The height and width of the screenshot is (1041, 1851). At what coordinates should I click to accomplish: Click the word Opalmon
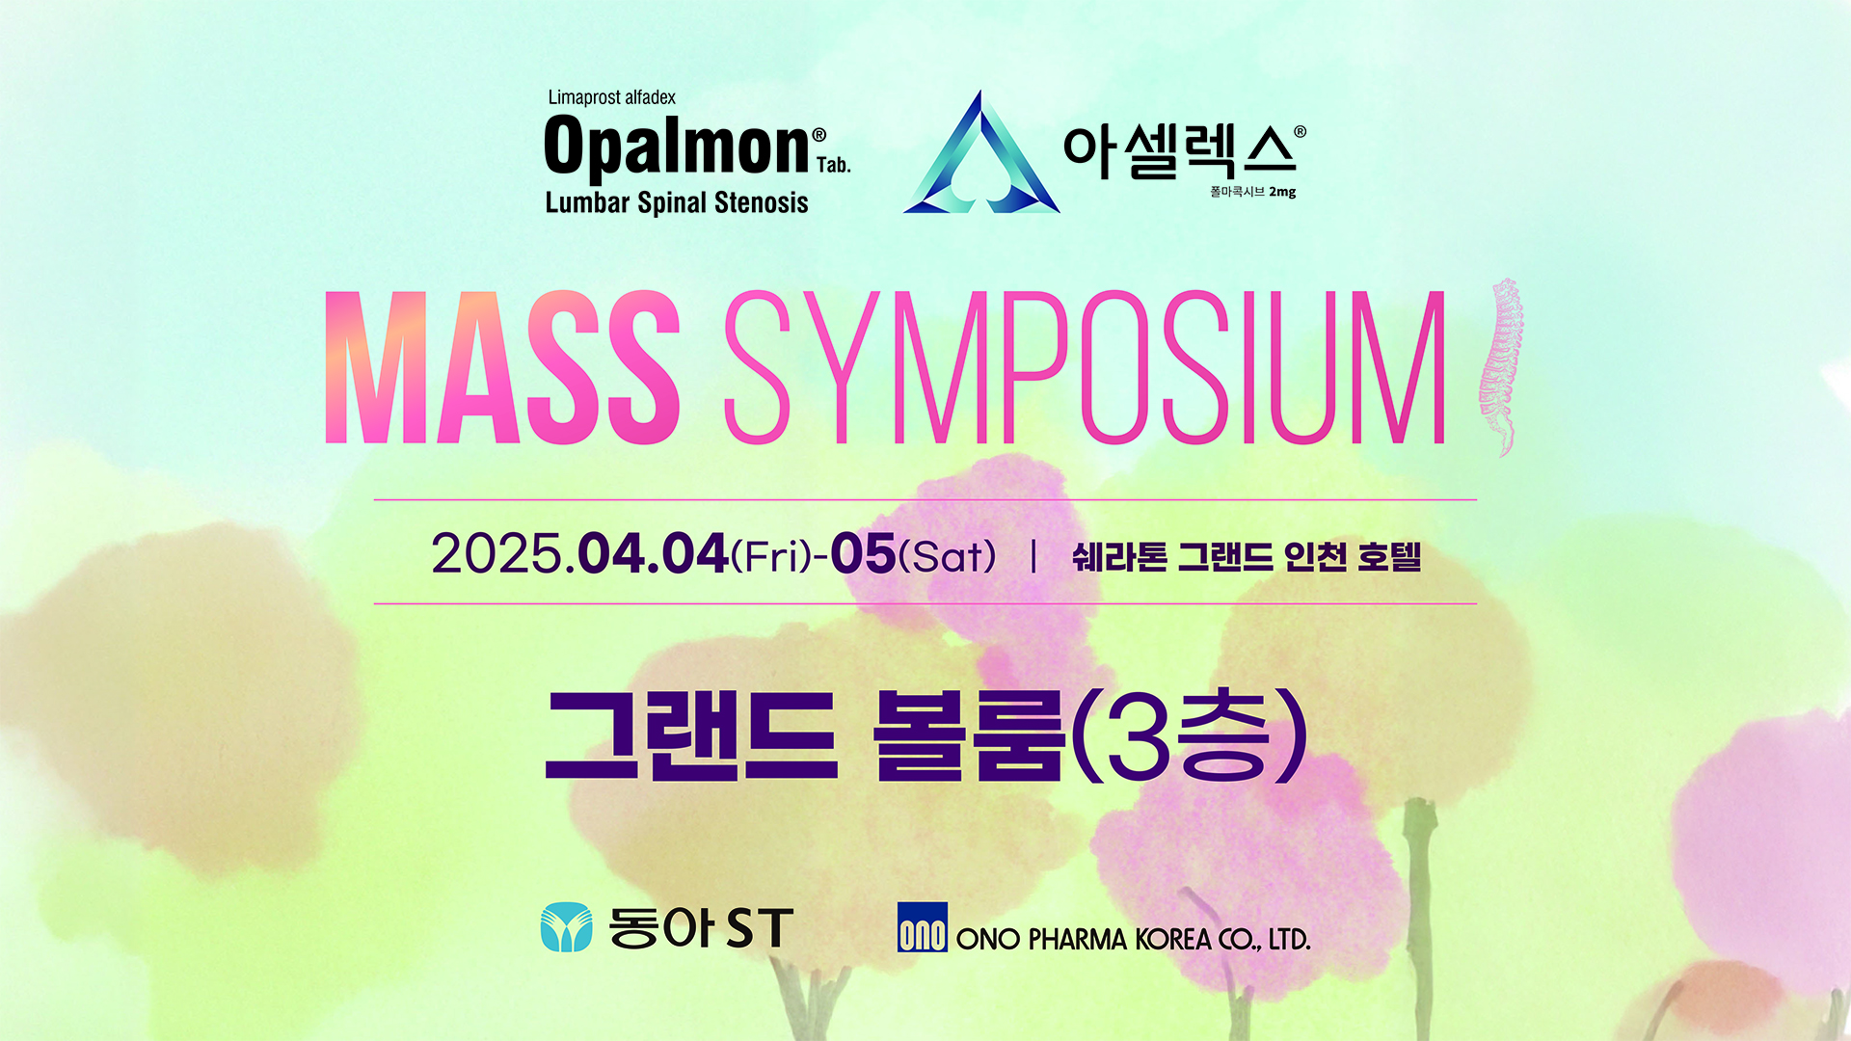677,147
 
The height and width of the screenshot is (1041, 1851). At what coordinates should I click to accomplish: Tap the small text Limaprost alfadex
611,97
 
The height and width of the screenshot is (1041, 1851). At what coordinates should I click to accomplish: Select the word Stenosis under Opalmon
762,202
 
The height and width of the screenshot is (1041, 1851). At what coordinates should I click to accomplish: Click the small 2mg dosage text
1282,192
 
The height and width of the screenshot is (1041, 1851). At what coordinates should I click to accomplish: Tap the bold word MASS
502,367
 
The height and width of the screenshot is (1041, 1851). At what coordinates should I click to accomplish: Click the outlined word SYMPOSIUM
1085,367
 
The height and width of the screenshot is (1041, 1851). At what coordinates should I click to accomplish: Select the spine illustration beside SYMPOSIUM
1501,366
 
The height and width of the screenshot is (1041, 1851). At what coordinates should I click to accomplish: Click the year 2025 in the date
496,554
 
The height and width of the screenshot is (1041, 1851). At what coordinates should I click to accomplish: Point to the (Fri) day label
771,556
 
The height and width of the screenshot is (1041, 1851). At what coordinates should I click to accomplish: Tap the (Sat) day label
947,556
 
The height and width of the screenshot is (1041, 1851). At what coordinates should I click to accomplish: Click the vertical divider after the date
1033,556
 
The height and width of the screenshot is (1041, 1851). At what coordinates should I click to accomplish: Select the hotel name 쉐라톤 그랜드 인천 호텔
1247,556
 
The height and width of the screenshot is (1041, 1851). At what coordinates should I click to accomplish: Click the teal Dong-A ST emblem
567,927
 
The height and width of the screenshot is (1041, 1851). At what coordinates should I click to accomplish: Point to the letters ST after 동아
760,928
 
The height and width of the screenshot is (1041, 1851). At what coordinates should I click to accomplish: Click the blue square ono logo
923,927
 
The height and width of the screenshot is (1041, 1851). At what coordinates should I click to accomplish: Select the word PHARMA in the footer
1077,939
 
